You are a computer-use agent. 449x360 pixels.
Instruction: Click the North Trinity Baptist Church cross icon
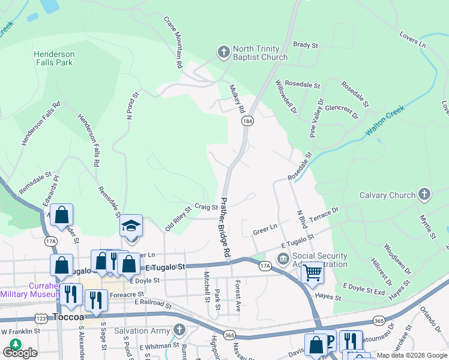coord(223,52)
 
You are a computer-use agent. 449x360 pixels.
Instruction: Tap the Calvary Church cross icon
coord(424,194)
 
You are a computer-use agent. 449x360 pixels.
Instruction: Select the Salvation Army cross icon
coord(178,329)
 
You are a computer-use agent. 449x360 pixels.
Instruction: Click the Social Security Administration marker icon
coord(283,259)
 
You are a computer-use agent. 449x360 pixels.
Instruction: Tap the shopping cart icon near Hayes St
coord(312,272)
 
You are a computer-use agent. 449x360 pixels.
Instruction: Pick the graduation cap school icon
coord(131,226)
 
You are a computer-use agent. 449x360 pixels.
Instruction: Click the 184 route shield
coord(247,121)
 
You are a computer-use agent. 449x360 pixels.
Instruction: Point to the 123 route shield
coord(41,316)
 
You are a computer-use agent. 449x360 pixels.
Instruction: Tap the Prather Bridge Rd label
coord(226,228)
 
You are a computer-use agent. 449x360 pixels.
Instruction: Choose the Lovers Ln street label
coord(413,38)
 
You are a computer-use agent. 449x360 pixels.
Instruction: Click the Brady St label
coord(304,45)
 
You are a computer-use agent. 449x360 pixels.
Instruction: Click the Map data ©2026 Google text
coord(408,355)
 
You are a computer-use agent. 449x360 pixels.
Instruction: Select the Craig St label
coord(206,207)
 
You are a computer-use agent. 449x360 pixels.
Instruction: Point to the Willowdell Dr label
coord(286,97)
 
